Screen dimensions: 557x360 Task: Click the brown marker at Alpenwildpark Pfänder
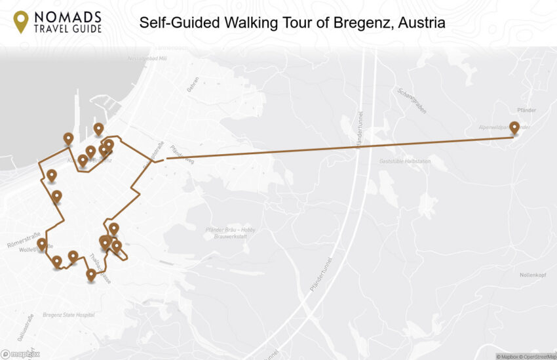514,128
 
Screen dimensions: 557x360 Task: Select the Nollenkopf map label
532,274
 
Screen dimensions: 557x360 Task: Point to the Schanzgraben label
412,100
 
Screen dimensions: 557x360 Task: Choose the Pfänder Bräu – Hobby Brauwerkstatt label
230,233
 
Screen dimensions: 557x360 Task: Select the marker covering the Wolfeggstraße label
42,245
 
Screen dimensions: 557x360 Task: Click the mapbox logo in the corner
20,354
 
